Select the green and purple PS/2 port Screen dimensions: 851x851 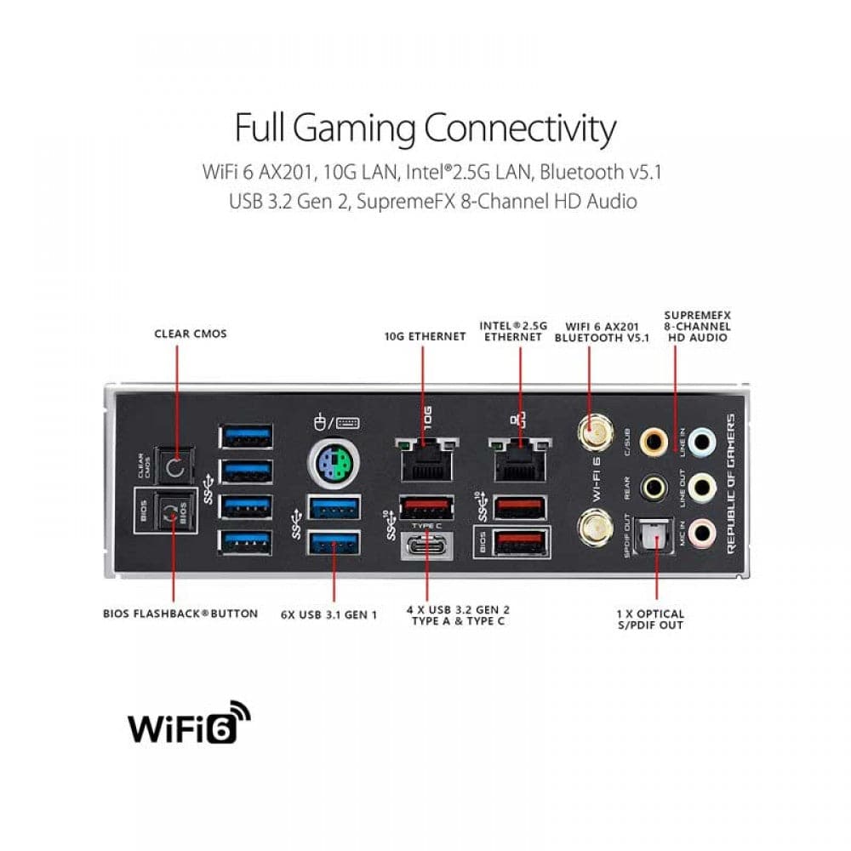point(332,465)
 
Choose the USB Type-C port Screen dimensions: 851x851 point(426,545)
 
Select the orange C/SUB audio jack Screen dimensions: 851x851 point(654,441)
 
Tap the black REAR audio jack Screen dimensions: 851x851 point(654,487)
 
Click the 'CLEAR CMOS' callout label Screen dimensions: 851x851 point(191,334)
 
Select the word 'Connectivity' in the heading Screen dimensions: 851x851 point(519,129)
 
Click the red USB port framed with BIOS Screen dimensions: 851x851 point(519,541)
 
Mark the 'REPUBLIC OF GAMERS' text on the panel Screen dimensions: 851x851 point(730,483)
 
